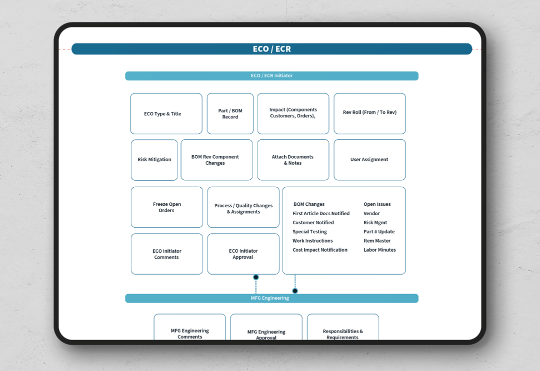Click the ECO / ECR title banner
tap(271, 49)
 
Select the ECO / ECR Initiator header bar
tap(271, 75)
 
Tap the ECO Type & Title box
tap(166, 113)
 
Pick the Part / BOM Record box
tap(230, 113)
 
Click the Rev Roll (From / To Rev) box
tap(369, 113)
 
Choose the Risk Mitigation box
tap(154, 160)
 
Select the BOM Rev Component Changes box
tap(216, 160)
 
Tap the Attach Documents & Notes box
tap(293, 160)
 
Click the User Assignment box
tap(369, 160)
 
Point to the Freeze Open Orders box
tap(167, 207)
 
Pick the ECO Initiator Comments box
tap(167, 254)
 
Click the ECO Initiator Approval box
tap(243, 254)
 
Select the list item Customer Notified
tap(313, 223)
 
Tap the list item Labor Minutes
tap(379, 250)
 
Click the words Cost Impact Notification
tap(320, 250)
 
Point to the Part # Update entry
tap(379, 232)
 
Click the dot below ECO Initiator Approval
tap(256, 277)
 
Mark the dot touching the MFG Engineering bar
tap(295, 291)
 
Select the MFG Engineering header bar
tap(271, 298)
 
